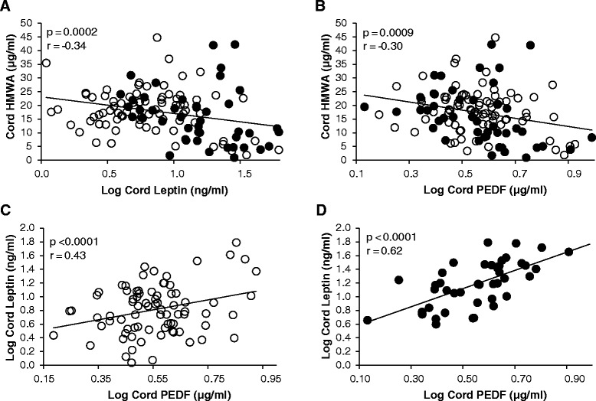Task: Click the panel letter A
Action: (x=6, y=7)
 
